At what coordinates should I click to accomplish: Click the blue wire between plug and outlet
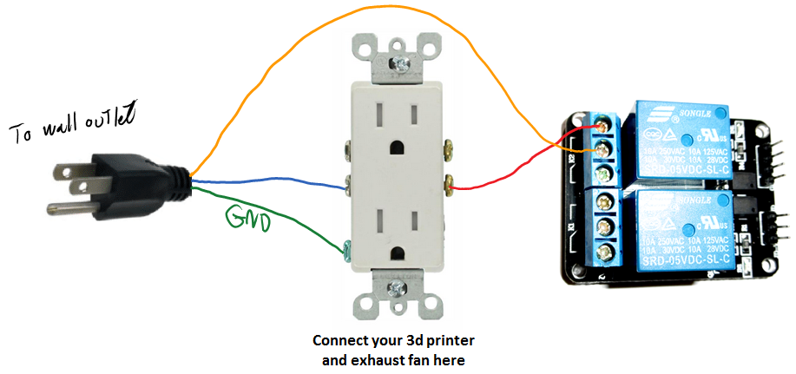click(x=269, y=181)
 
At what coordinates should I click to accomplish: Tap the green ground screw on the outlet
click(x=347, y=250)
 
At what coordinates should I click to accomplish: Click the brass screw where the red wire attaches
click(x=451, y=183)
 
